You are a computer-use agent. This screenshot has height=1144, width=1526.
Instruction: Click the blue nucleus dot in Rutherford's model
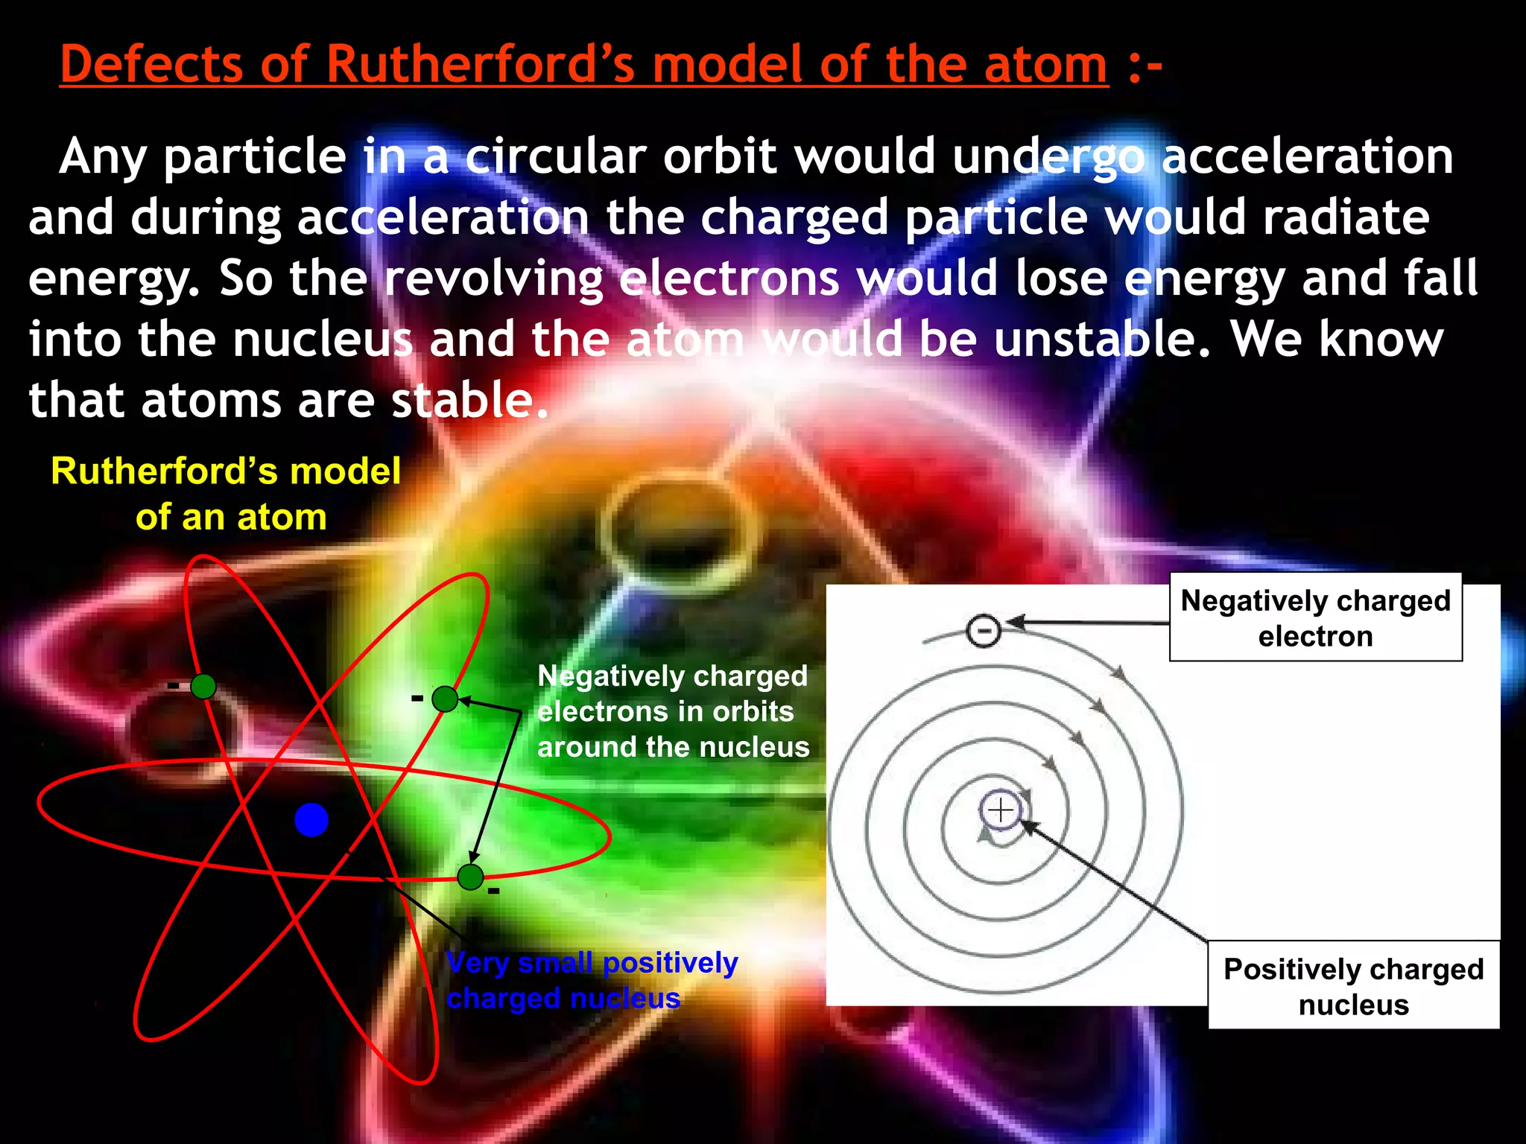pos(311,820)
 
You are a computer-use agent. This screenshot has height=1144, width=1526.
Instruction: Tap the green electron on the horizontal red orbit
pos(470,877)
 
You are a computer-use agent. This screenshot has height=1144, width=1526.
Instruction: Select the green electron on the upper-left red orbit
pos(203,686)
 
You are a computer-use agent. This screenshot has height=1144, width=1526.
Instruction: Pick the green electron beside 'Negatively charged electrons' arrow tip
pos(445,699)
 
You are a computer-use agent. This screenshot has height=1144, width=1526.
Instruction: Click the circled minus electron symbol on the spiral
pos(984,631)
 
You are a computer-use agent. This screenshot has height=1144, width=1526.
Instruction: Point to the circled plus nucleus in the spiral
pos(1000,810)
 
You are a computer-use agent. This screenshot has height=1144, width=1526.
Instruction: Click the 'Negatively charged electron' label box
pos(1315,617)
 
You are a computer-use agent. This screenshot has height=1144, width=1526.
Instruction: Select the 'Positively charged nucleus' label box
pos(1353,985)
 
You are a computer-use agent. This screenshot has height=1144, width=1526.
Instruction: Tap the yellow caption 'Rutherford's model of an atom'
pos(227,493)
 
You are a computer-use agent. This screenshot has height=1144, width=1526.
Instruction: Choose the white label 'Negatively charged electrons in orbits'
pos(672,711)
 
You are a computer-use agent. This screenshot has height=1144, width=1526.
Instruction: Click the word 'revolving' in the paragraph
pos(493,279)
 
